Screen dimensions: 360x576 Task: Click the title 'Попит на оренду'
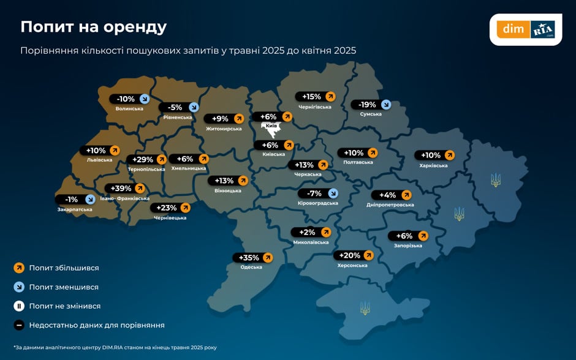(94, 27)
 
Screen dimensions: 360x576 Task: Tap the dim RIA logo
(525, 29)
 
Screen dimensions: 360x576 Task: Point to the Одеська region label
(251, 267)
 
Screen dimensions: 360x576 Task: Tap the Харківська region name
(434, 165)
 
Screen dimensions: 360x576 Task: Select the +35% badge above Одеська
(252, 258)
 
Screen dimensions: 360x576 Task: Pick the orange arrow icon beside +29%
(163, 160)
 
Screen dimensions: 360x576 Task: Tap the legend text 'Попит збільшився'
(64, 268)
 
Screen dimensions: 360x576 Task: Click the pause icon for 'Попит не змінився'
(19, 306)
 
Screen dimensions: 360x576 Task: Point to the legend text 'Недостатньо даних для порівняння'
(97, 325)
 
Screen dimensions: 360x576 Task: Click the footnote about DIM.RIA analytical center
(115, 347)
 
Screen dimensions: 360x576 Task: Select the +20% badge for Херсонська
(353, 255)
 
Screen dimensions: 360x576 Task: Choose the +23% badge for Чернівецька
(169, 208)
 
